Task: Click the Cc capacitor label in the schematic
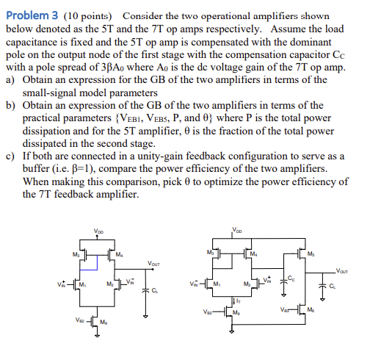pos(291,278)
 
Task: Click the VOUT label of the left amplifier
pos(154,264)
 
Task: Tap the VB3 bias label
pos(284,309)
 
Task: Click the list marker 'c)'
pos(10,155)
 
